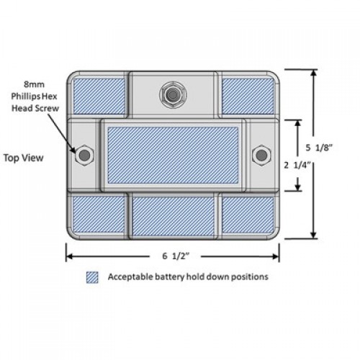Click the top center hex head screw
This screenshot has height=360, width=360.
tap(173, 95)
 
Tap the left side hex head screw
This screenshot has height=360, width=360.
tap(84, 156)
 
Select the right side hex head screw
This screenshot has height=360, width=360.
tap(261, 156)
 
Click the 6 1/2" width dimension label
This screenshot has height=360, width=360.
tap(176, 256)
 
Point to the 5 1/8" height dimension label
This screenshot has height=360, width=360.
tap(319, 148)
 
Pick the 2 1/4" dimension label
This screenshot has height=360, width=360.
tap(297, 165)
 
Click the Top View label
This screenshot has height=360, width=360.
tap(24, 158)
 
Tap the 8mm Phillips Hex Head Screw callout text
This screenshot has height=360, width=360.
tap(35, 96)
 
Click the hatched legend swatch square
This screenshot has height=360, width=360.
tap(92, 277)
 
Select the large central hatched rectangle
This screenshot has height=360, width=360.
tap(173, 156)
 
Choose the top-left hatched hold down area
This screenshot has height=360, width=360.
tap(99, 96)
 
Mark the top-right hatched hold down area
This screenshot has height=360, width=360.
tap(248, 96)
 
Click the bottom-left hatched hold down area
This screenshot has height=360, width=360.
tap(99, 215)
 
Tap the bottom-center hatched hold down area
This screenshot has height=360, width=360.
tap(173, 216)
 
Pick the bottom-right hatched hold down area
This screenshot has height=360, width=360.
tap(248, 215)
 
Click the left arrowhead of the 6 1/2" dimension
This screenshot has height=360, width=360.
tap(69, 256)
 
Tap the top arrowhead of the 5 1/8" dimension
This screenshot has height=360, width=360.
tap(313, 73)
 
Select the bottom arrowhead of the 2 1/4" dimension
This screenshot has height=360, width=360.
tap(298, 187)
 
